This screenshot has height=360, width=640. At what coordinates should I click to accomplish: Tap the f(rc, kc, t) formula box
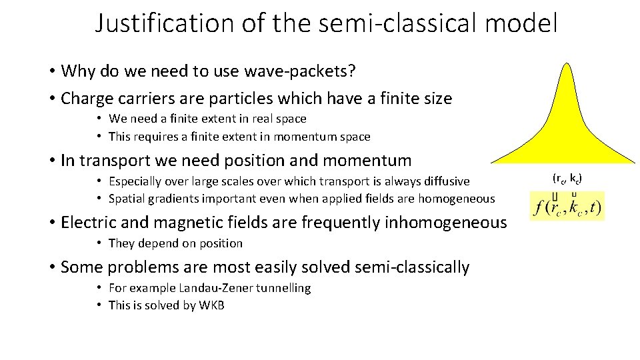(x=567, y=207)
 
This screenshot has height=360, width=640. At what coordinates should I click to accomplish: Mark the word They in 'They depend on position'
(x=121, y=243)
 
